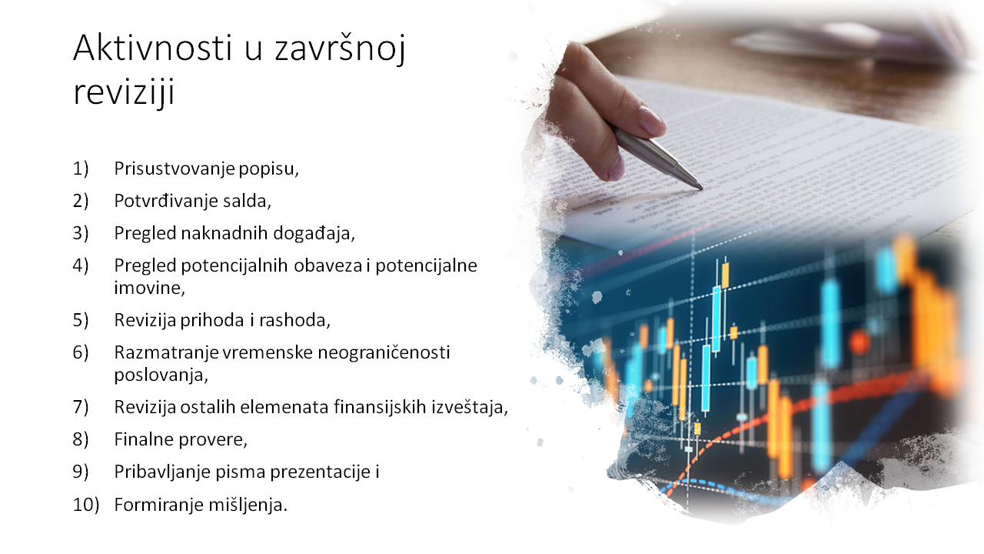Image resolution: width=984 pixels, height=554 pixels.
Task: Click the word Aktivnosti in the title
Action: [x=152, y=48]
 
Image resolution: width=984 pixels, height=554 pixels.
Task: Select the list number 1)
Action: [x=81, y=169]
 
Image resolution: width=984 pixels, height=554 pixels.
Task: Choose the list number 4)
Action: [x=81, y=265]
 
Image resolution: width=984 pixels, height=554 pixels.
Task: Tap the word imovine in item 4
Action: [x=150, y=288]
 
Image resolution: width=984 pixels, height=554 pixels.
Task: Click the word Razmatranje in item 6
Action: [x=167, y=353]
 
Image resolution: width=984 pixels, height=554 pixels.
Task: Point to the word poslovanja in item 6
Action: [x=161, y=375]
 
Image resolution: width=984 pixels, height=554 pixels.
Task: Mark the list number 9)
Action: [x=81, y=472]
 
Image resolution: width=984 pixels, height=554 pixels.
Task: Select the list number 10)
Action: [x=86, y=505]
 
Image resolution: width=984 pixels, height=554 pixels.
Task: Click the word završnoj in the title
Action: [x=340, y=48]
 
